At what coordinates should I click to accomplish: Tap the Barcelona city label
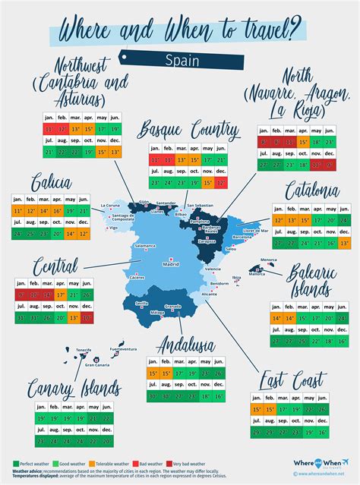(242, 237)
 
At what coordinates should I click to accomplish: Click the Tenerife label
(84, 350)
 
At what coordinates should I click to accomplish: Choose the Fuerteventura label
(123, 349)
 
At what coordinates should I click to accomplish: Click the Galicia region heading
(52, 183)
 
